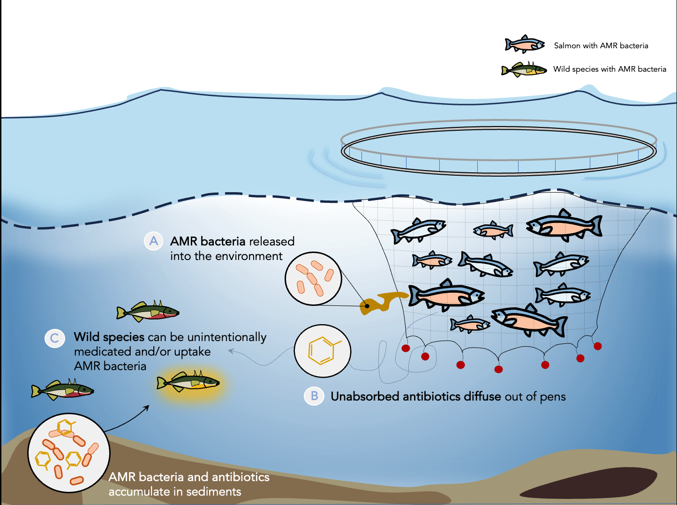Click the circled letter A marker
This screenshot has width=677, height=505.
(153, 241)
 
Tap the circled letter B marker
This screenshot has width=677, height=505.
(314, 396)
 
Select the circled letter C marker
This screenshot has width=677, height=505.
(54, 338)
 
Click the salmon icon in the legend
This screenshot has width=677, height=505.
(525, 45)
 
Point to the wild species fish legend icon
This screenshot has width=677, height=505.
(524, 70)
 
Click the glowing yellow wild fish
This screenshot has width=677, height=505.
(188, 382)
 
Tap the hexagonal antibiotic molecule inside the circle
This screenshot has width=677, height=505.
(321, 350)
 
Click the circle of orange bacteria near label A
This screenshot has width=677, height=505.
(313, 279)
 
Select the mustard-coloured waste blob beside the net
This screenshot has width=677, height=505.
(382, 302)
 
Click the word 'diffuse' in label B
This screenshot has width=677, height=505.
(482, 396)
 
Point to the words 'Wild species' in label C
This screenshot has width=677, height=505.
(109, 337)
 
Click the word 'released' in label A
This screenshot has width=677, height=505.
(271, 241)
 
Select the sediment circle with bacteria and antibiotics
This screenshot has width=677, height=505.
(69, 453)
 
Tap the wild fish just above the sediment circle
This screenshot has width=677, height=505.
(62, 389)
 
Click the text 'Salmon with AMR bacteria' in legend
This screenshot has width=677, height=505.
(601, 45)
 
